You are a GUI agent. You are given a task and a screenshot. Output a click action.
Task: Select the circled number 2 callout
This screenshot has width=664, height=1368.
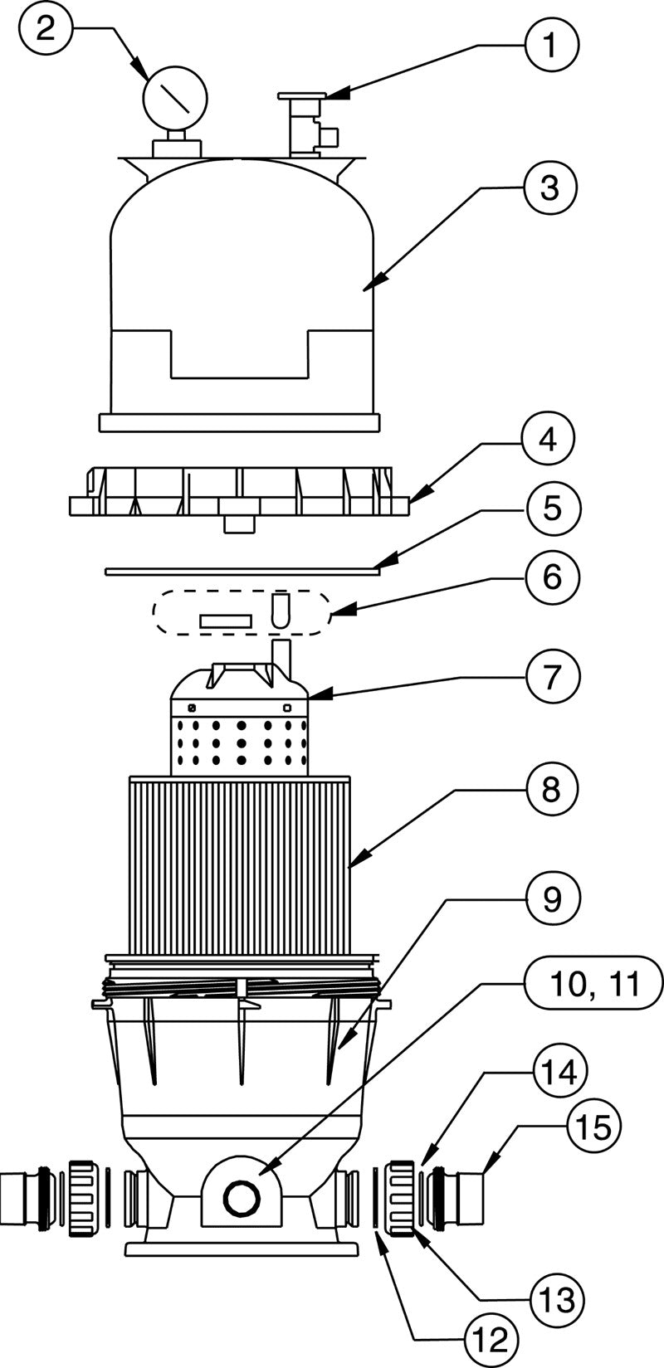coord(47,30)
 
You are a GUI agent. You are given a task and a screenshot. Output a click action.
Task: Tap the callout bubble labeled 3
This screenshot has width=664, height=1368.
coord(550,188)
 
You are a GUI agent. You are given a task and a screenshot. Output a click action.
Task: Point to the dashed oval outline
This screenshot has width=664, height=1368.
coord(242,613)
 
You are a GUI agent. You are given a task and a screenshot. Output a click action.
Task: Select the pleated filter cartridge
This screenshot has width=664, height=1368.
coord(241,863)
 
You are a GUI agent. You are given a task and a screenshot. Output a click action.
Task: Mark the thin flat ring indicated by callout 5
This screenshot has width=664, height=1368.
coord(241,571)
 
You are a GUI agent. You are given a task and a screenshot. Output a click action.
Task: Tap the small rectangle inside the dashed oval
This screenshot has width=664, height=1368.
coord(225,621)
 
